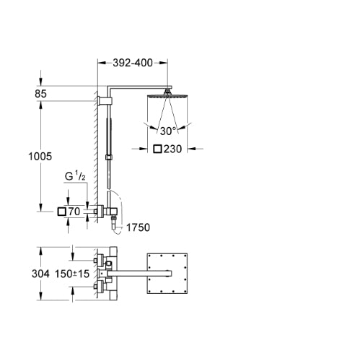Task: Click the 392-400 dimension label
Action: (x=133, y=63)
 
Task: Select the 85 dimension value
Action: (x=40, y=94)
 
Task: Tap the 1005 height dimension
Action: (x=40, y=157)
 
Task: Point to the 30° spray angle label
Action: (x=168, y=131)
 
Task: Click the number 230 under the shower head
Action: (x=172, y=149)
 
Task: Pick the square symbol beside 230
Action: (x=157, y=149)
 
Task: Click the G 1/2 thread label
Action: (x=75, y=177)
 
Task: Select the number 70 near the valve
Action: (x=74, y=212)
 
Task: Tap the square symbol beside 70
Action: (x=62, y=212)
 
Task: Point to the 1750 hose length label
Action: (x=138, y=227)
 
